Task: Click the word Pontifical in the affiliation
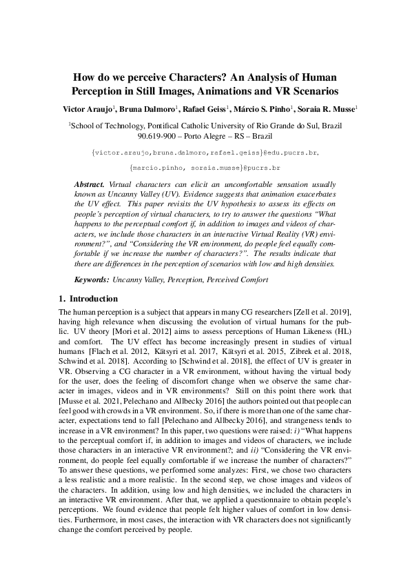tap(167, 126)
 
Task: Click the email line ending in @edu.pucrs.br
tap(205, 152)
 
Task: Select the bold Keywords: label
tap(92, 279)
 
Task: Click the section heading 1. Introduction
tap(89, 299)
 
